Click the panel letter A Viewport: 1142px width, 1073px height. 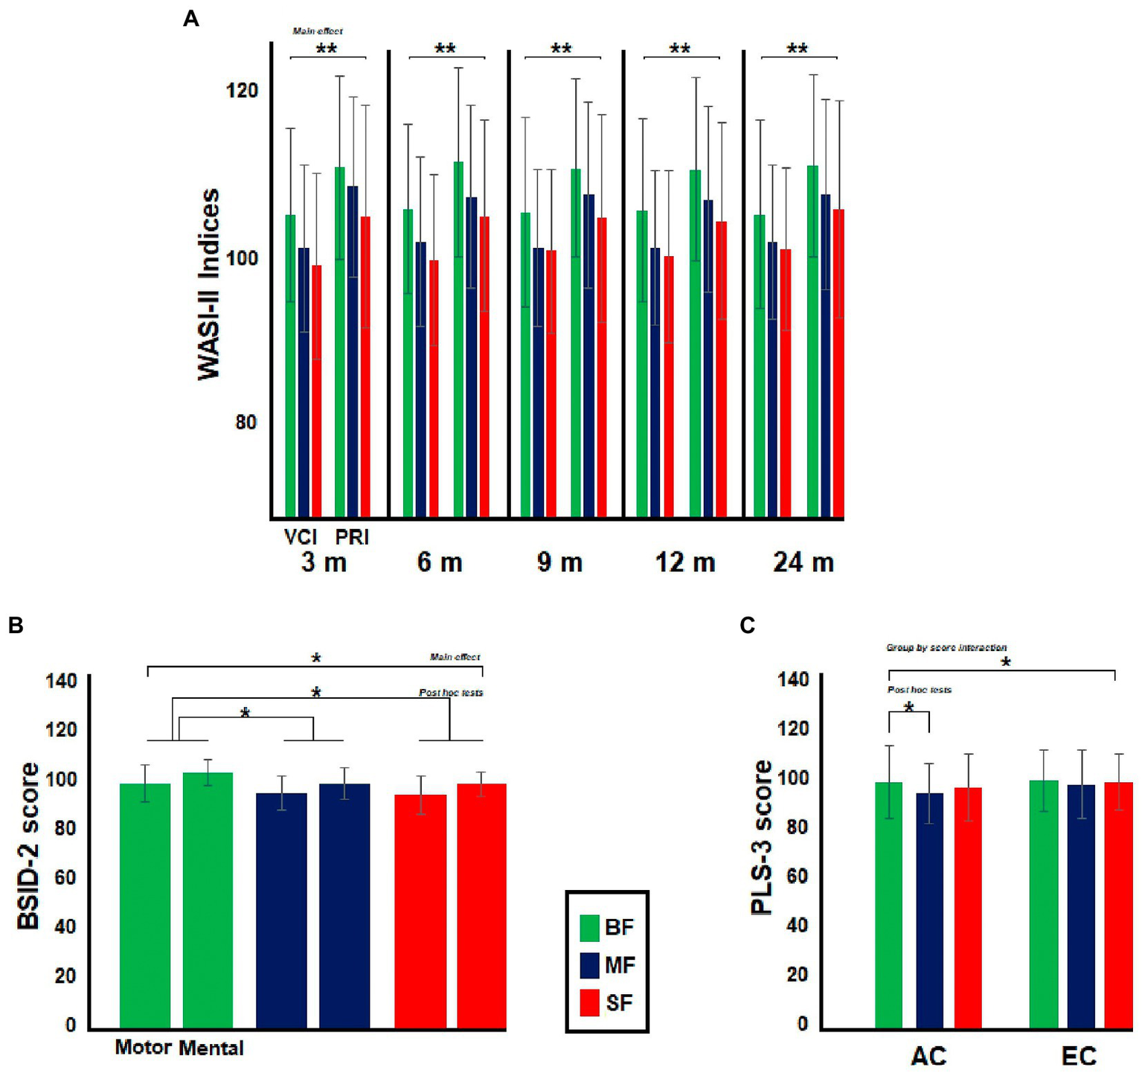click(x=190, y=19)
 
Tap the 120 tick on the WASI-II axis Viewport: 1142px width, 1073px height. click(x=242, y=91)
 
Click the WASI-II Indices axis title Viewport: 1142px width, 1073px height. click(x=209, y=284)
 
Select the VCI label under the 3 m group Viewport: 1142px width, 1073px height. click(x=301, y=536)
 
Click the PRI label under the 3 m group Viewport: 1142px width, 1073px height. click(x=351, y=536)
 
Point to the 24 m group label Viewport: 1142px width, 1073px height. click(x=803, y=562)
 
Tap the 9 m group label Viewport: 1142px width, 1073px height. click(x=559, y=562)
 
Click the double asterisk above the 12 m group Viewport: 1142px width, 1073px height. click(x=679, y=49)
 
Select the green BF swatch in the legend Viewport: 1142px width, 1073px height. click(x=590, y=927)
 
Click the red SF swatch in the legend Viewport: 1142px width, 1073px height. click(x=590, y=1002)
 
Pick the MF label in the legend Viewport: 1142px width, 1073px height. click(x=620, y=965)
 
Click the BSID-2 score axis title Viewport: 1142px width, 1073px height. click(x=29, y=846)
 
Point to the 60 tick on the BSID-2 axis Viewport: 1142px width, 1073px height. click(x=65, y=877)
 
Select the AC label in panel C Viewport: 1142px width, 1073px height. click(x=928, y=1055)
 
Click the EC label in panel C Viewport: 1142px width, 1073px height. click(x=1079, y=1055)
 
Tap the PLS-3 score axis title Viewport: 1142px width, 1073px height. click(x=763, y=837)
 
